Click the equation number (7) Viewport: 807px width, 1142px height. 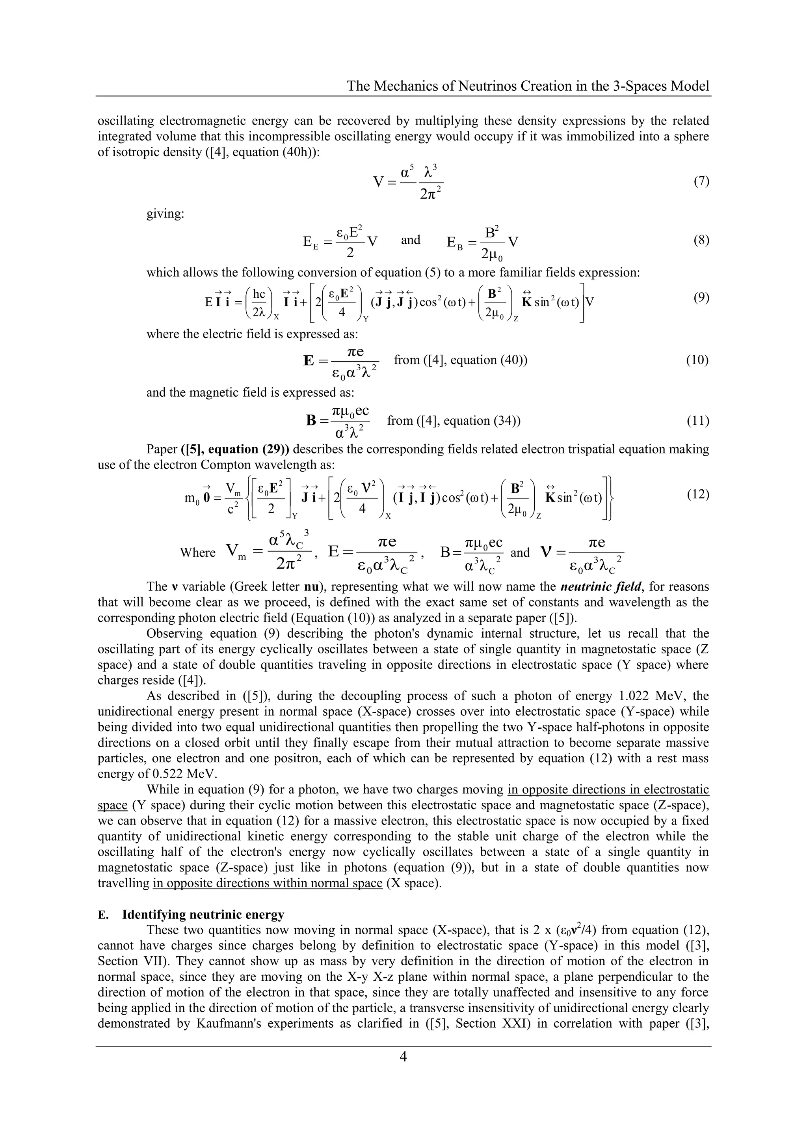tap(701, 181)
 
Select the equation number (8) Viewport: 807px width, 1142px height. tap(701, 241)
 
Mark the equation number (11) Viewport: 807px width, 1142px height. tap(698, 421)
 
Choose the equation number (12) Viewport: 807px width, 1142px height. tap(698, 494)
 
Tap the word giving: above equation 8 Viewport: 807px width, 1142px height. tap(165, 214)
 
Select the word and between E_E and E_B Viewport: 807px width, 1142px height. tap(411, 240)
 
